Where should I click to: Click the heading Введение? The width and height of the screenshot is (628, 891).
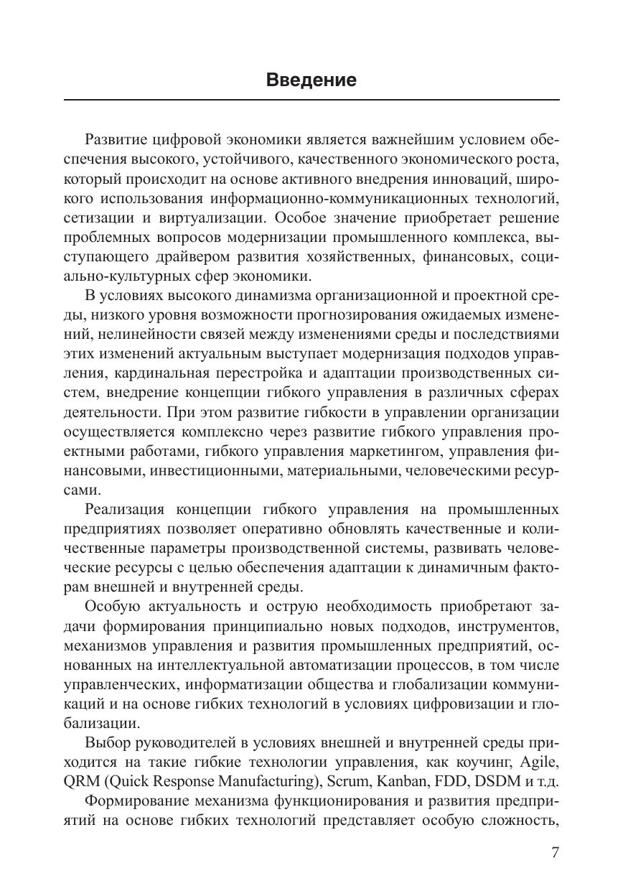pyautogui.click(x=311, y=80)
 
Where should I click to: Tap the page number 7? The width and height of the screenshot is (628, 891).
pyautogui.click(x=554, y=852)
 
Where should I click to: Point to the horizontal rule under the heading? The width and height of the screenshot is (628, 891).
pyautogui.click(x=311, y=99)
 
